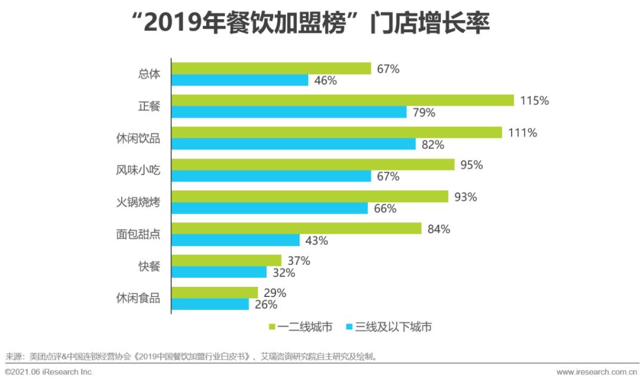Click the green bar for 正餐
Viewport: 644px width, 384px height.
pyautogui.click(x=343, y=100)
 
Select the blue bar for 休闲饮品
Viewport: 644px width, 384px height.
pyautogui.click(x=293, y=144)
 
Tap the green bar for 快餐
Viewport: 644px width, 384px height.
pyautogui.click(x=227, y=261)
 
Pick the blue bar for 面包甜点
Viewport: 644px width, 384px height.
pyautogui.click(x=236, y=240)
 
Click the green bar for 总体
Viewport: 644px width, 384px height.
pyautogui.click(x=271, y=69)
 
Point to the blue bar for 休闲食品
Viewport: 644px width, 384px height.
pyautogui.click(x=210, y=304)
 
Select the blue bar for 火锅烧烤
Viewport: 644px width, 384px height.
pyautogui.click(x=270, y=208)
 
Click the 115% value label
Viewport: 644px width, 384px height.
pyautogui.click(x=534, y=101)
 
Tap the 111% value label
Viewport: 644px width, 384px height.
pyautogui.click(x=522, y=133)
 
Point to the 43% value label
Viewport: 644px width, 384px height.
pyautogui.click(x=316, y=240)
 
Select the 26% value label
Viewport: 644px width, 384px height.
pyautogui.click(x=265, y=305)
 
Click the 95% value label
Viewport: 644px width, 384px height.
pyautogui.click(x=471, y=165)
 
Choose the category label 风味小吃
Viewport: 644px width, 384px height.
pyautogui.click(x=138, y=171)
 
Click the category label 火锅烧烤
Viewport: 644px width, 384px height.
pyautogui.click(x=138, y=203)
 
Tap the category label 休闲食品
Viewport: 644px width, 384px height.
pyautogui.click(x=138, y=298)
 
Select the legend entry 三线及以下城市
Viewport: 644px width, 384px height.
pyautogui.click(x=388, y=327)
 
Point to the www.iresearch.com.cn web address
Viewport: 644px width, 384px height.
pyautogui.click(x=596, y=372)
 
